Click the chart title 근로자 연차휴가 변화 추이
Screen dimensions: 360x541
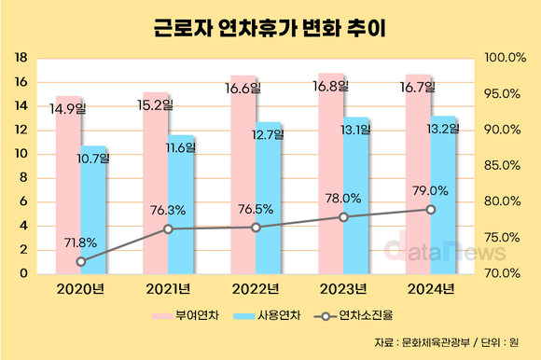coord(270,27)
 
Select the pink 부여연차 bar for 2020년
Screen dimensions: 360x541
coord(68,187)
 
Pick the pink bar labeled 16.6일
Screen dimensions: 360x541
coord(243,177)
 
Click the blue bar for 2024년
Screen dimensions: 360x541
coord(444,201)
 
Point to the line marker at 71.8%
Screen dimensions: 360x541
coord(80,261)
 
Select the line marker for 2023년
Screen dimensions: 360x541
coord(343,216)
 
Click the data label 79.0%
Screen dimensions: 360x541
coord(430,191)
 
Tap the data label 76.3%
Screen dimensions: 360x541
coord(167,211)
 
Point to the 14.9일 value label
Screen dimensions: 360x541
coord(67,108)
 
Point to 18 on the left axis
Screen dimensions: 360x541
coord(20,58)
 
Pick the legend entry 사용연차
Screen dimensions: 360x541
coord(277,316)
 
